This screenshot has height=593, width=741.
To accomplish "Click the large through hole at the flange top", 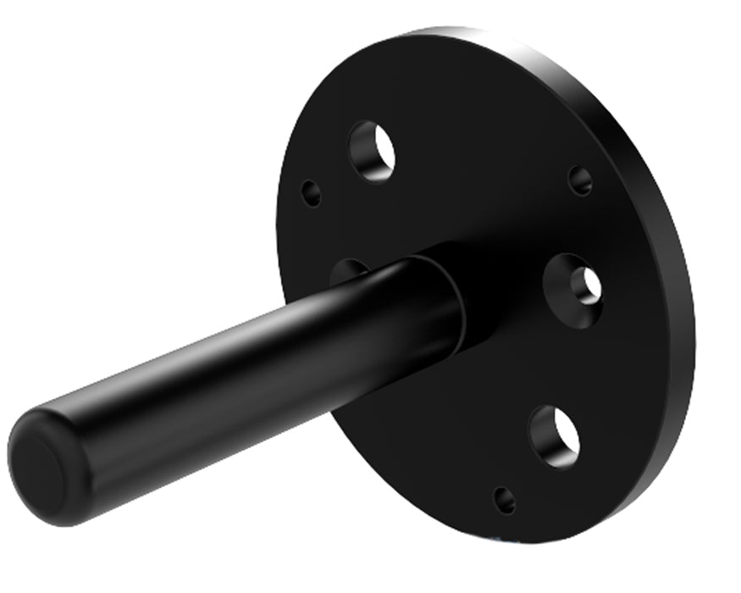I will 372,151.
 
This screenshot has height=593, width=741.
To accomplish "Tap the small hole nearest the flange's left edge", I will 312,193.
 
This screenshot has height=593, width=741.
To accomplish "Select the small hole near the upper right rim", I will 580,180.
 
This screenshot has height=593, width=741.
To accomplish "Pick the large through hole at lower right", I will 556,435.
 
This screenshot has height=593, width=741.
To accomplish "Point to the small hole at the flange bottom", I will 505,500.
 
